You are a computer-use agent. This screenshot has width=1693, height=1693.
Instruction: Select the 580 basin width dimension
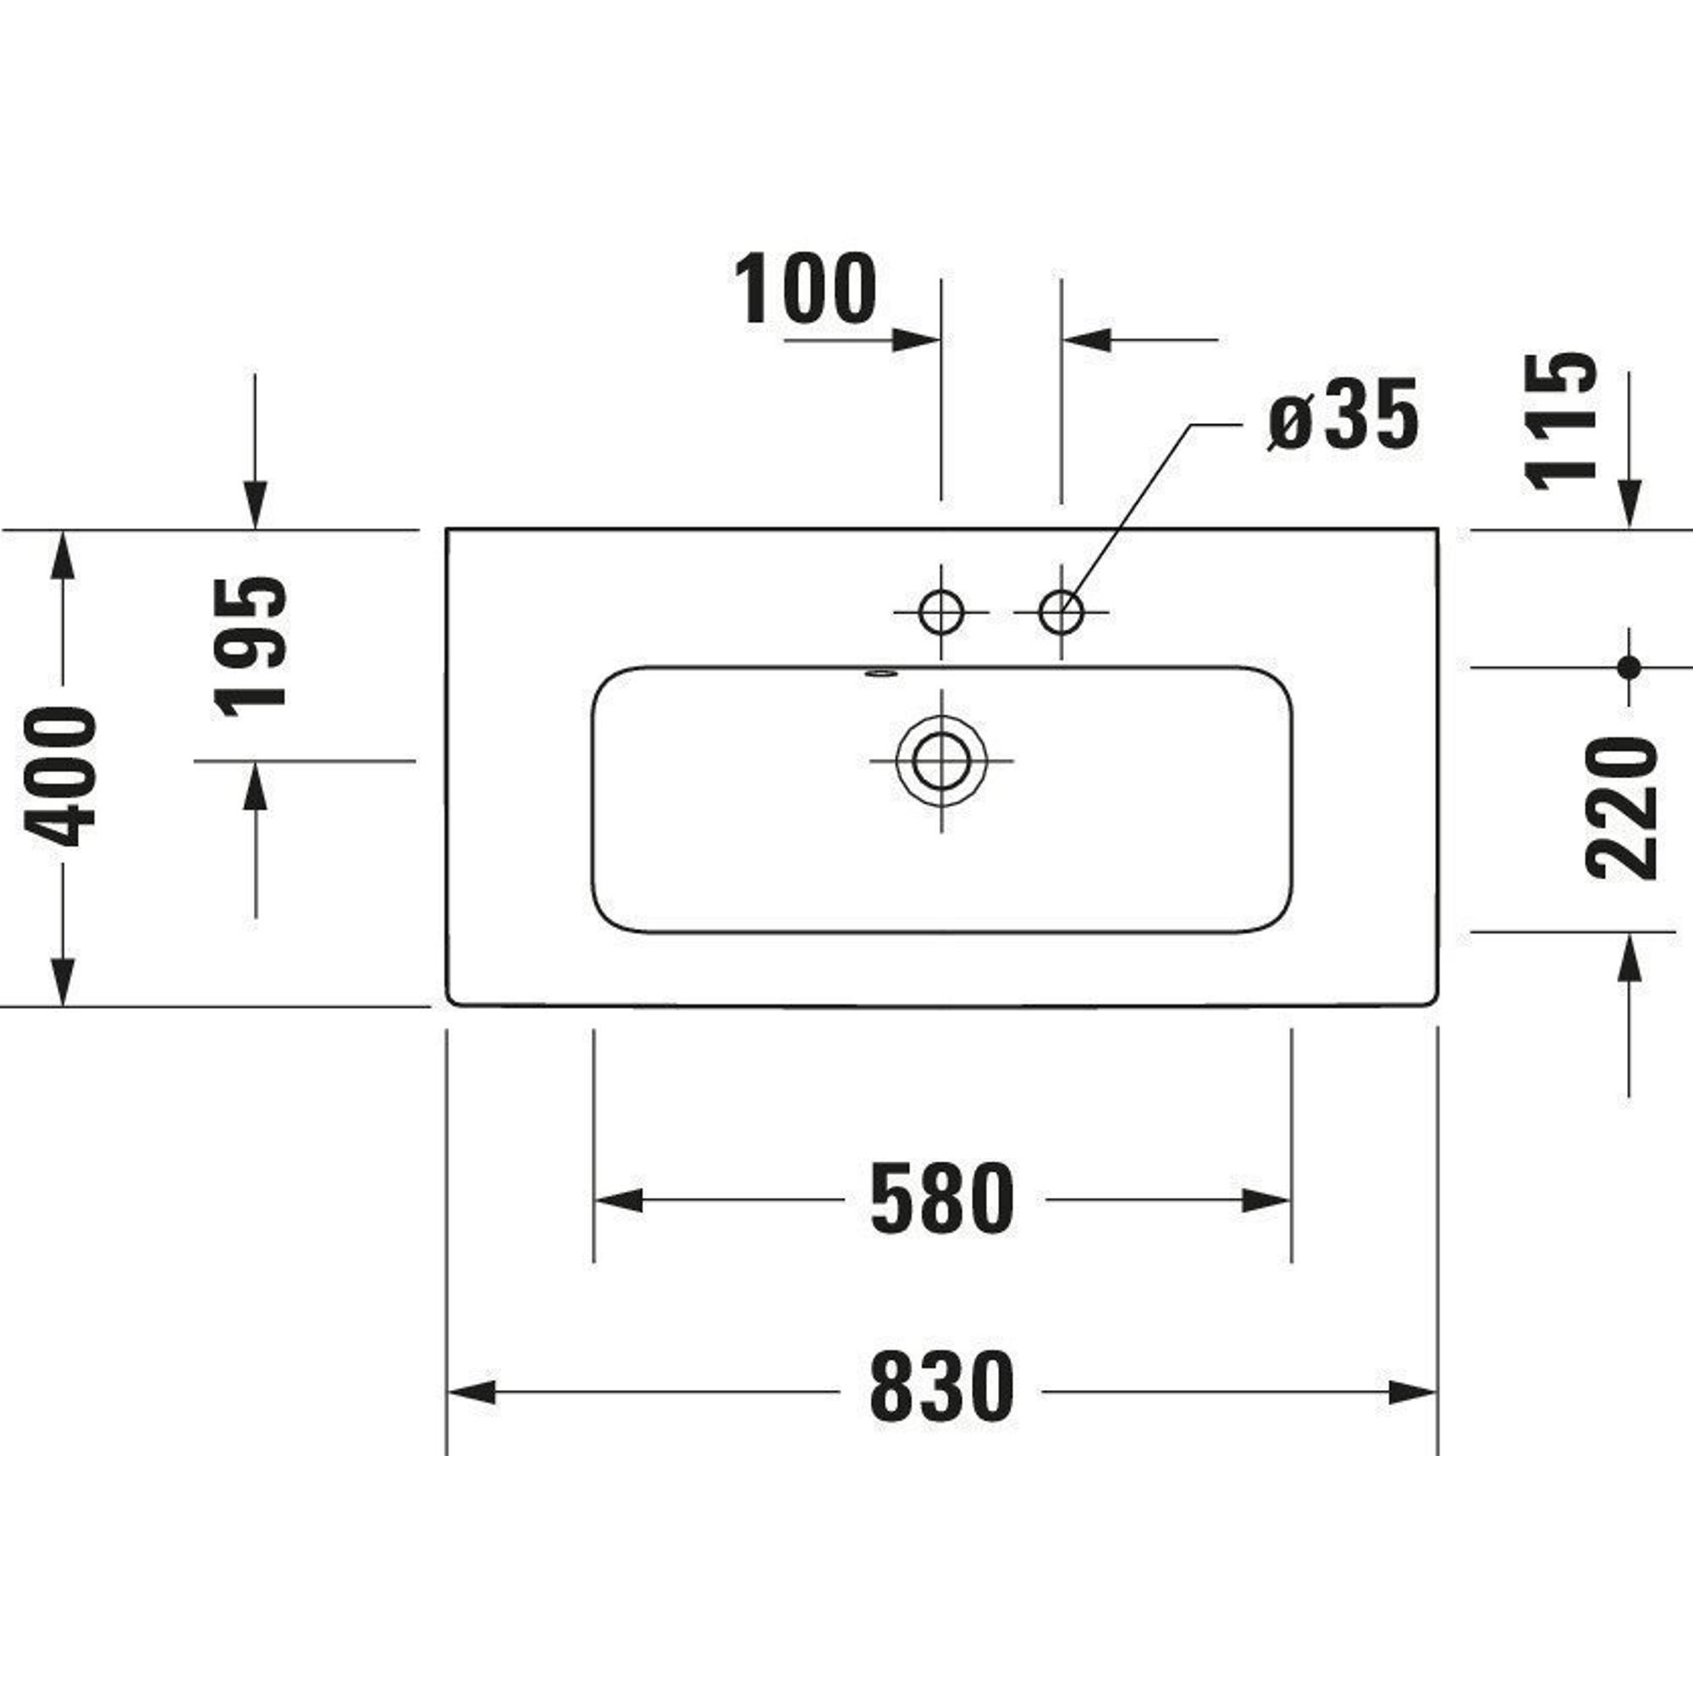point(941,1197)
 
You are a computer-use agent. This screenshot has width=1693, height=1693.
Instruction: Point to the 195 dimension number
point(251,645)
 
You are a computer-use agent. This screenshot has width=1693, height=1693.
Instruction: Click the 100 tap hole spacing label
point(804,289)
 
